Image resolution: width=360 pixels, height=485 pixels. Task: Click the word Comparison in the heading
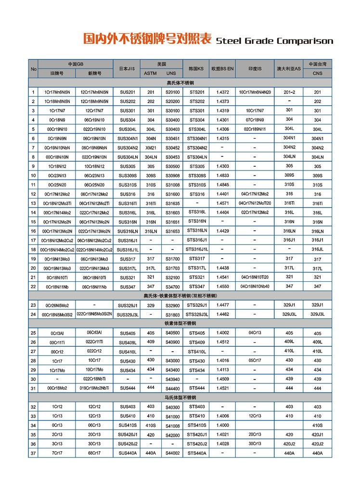coord(306,41)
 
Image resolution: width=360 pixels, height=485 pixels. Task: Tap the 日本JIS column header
coord(127,69)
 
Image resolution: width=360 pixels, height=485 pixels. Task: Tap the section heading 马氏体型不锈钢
coord(180,397)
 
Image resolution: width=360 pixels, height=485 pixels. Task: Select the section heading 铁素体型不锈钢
coord(180,323)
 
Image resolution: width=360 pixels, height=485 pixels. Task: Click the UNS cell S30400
coord(172,119)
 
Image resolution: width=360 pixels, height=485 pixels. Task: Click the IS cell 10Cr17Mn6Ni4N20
coord(255,92)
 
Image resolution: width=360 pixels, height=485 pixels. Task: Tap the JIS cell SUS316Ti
coord(128,203)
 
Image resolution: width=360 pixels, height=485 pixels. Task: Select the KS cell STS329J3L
coord(197,314)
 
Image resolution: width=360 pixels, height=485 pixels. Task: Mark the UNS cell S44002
coord(172,453)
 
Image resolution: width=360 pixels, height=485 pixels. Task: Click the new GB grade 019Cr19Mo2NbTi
coord(94,388)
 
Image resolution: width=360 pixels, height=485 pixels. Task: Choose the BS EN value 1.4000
coord(222,425)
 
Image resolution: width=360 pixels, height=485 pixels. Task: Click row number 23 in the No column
coord(33,305)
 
